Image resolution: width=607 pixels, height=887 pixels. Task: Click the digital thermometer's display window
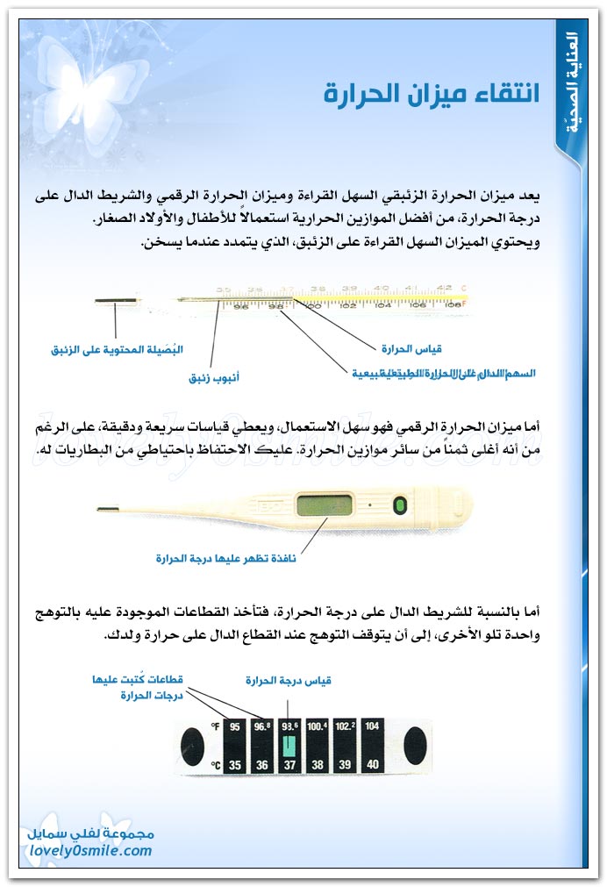[325, 507]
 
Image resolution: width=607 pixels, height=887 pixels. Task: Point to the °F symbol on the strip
[215, 726]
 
